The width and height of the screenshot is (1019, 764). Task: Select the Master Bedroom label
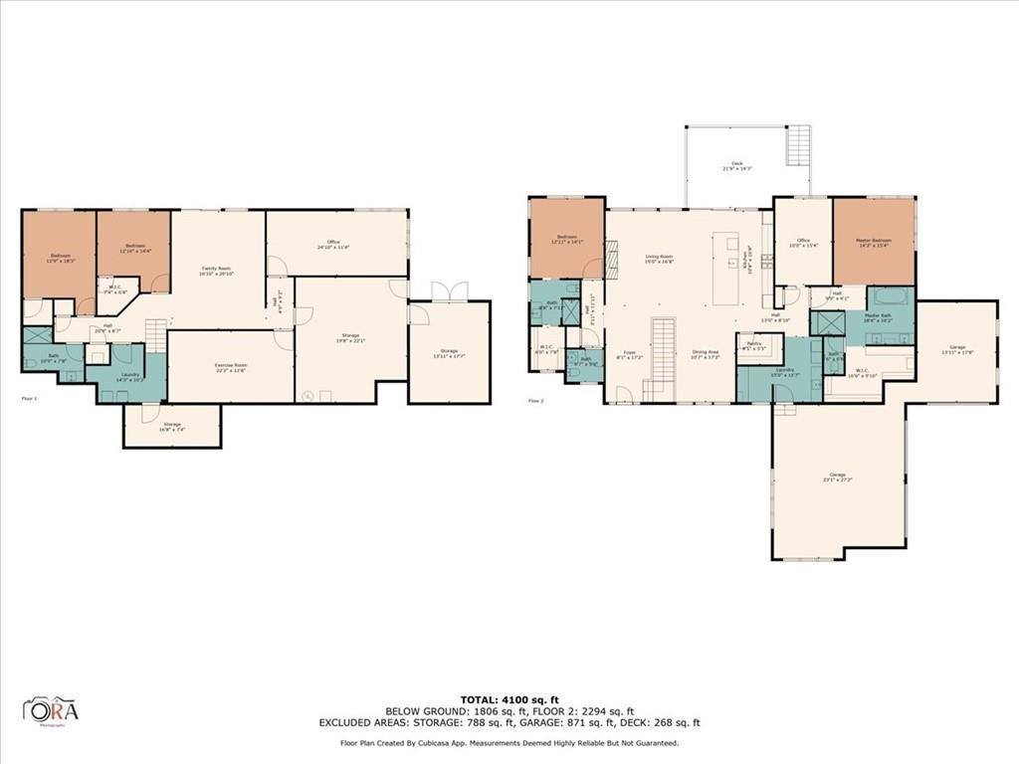pos(873,243)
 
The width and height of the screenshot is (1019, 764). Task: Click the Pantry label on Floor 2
pos(753,345)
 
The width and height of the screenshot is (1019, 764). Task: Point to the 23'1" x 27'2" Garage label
pos(838,477)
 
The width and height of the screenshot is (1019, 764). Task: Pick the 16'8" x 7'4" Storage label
pos(172,426)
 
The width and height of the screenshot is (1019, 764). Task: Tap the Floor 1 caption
pos(29,399)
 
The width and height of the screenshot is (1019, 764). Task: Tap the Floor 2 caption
pos(535,401)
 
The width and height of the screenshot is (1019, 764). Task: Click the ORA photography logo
pos(51,710)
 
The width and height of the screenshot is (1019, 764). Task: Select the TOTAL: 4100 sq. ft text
pos(509,699)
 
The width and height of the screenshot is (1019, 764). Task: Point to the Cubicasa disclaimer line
pos(509,743)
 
